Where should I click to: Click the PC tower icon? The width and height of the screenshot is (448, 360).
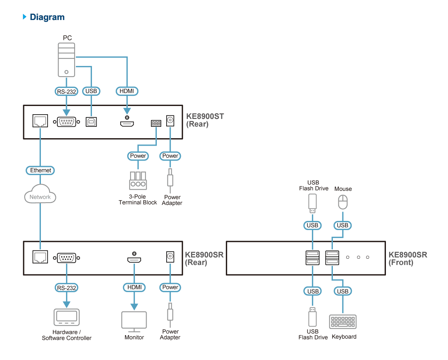pos(66,60)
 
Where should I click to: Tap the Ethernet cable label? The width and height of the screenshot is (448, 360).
pos(40,170)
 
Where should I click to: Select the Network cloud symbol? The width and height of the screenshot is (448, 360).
pos(40,194)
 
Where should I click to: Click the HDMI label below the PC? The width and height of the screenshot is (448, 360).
pos(127,91)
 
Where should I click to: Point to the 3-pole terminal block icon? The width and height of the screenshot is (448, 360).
pos(138,181)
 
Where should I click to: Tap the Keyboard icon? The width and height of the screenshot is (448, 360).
pos(343,322)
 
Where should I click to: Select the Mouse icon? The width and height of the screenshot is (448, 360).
pos(343,202)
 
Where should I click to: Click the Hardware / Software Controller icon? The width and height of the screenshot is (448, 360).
pos(66,317)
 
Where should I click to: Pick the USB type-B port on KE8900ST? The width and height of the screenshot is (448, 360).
pos(92,122)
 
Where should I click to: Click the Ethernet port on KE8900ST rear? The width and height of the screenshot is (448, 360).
pos(40,121)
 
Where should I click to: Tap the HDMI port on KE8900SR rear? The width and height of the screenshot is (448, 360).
pos(134,259)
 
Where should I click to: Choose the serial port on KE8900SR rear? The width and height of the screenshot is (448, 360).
pos(66,258)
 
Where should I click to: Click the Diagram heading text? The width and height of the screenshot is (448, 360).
pos(47,17)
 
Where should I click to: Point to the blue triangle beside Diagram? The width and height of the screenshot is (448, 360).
pos(25,16)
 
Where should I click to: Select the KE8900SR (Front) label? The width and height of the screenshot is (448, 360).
pos(408,259)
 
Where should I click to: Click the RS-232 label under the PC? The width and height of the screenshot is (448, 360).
pos(66,91)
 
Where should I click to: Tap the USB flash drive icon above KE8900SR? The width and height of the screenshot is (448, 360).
pos(312,203)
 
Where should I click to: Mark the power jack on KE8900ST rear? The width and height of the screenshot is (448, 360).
pos(170,121)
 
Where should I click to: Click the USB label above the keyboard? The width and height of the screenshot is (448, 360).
pos(343,291)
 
